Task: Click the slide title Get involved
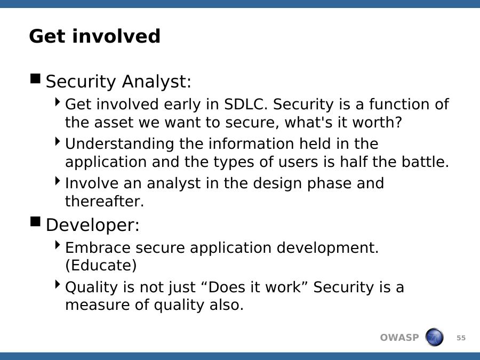click(94, 36)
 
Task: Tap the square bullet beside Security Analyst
click(36, 79)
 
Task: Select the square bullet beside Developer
click(36, 221)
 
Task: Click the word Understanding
click(119, 144)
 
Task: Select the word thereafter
click(105, 201)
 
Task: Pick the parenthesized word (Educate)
click(101, 266)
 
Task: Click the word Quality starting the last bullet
click(92, 287)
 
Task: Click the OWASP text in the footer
click(399, 338)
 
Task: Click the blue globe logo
click(434, 337)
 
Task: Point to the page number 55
click(461, 338)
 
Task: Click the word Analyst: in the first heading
click(156, 82)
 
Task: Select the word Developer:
click(92, 225)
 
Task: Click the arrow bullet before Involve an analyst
click(58, 181)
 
